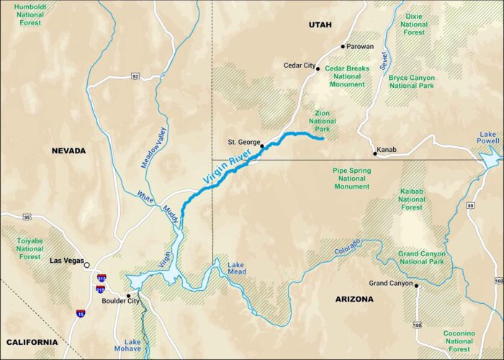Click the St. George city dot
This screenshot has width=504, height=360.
click(x=262, y=146)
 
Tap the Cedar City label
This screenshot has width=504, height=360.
click(x=299, y=66)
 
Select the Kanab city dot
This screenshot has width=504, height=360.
click(x=375, y=153)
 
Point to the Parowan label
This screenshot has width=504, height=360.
click(x=361, y=46)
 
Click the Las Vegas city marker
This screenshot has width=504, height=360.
click(x=87, y=264)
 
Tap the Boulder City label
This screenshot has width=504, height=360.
click(x=107, y=301)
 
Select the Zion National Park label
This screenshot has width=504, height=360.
click(x=322, y=121)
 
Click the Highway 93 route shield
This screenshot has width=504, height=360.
click(x=135, y=76)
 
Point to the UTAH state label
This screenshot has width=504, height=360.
click(x=320, y=25)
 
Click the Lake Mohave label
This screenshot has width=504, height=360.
click(x=132, y=346)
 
